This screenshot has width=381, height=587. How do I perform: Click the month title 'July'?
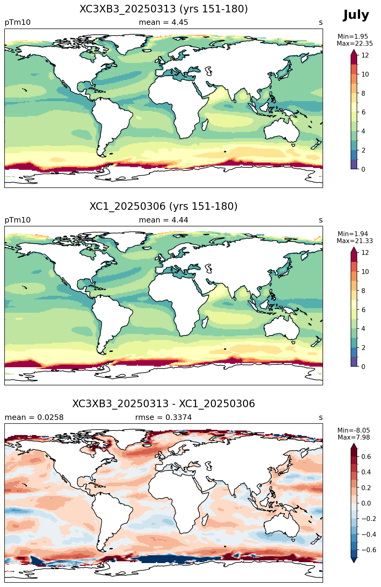pos(356,15)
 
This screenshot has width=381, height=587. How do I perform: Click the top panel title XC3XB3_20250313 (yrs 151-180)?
pos(164,9)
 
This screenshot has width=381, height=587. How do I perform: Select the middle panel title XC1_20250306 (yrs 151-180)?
pos(164,206)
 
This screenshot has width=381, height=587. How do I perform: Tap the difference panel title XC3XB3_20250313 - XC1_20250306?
pos(164,404)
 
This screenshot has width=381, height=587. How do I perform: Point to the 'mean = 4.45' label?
pos(163,22)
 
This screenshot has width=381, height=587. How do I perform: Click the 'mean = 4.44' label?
pos(163,220)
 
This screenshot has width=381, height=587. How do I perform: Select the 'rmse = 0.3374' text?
pos(163,417)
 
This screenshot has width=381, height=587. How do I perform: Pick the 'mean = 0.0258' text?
pos(34,417)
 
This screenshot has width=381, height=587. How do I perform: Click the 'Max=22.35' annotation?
pos(355,44)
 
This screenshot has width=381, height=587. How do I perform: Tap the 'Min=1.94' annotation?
pos(353,234)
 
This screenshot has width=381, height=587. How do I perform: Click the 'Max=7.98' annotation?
pos(354,437)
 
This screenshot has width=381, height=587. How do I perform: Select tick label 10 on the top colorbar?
pos(365,74)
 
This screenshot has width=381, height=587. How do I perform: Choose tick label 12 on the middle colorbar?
pos(365,252)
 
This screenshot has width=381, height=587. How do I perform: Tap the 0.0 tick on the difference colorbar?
pos(366,503)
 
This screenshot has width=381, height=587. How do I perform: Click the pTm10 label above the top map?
pos(18,22)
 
